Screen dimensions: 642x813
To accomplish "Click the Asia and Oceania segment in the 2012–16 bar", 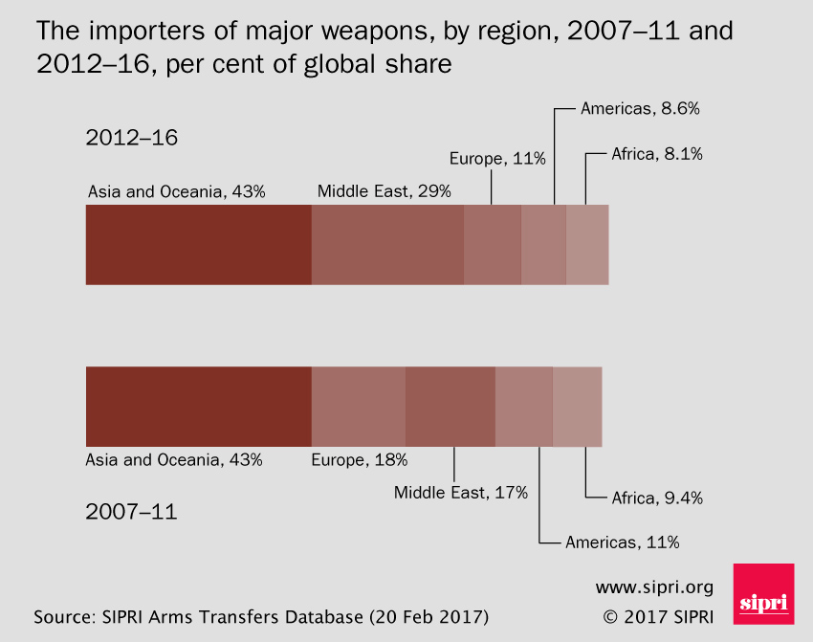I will coord(198,245).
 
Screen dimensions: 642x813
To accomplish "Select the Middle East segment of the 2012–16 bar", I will coord(387,245).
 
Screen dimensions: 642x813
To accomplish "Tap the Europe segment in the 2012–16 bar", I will coord(493,245).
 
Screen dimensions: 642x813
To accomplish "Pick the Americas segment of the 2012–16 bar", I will coord(543,245).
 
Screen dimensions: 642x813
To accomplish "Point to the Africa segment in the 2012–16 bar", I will coord(587,245).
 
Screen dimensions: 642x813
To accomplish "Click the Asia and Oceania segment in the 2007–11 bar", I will coord(198,407).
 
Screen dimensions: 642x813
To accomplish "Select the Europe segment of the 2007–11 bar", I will coord(359,407).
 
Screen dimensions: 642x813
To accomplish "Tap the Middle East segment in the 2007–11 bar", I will coord(450,407).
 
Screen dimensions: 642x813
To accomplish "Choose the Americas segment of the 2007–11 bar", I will coord(524,407).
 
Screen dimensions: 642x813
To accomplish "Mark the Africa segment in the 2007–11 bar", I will coord(578,407).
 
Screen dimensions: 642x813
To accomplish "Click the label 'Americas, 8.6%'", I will coord(640,109).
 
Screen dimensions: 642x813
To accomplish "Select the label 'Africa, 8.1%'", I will coord(657,153).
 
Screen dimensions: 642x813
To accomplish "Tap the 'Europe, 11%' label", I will coord(491,159).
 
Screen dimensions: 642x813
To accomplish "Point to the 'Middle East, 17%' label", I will coord(461,493).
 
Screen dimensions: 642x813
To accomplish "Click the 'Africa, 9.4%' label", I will coord(657,498).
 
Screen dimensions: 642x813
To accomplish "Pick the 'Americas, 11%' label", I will coord(622,542).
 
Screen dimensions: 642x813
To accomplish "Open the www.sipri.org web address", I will coord(654,587).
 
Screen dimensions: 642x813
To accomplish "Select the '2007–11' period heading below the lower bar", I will coord(131,512).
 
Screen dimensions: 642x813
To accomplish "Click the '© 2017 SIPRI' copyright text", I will coord(658,614).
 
